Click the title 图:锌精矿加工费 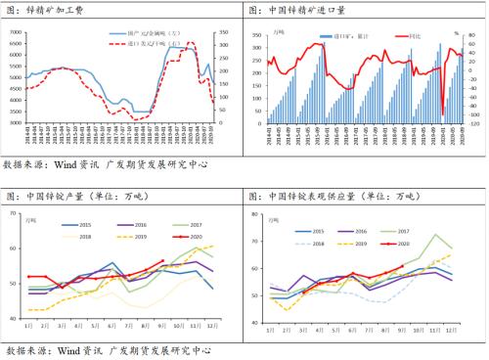pyautogui.click(x=52, y=11)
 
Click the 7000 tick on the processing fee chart pyautogui.click(x=16, y=33)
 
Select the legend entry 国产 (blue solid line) pyautogui.click(x=137, y=33)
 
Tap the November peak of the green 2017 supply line pyautogui.click(x=436, y=235)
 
